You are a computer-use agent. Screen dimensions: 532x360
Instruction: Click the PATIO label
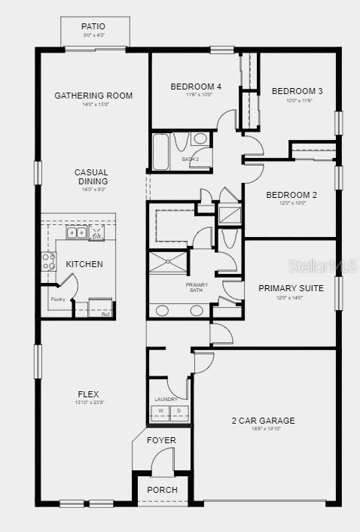pos(93,27)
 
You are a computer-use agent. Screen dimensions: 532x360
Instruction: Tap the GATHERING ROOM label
pos(93,96)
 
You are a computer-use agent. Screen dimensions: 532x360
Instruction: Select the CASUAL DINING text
pos(91,177)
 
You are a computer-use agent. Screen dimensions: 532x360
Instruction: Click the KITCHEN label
pos(84,264)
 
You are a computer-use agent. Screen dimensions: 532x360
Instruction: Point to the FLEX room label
pos(88,394)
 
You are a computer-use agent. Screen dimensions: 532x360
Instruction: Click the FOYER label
pos(161,440)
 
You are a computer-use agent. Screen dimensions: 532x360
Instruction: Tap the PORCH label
pos(162,490)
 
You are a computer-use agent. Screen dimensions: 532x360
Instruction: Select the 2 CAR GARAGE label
pos(263,421)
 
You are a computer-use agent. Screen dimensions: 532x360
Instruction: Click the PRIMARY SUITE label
pos(291,288)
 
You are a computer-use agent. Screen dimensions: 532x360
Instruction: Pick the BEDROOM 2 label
pos(291,195)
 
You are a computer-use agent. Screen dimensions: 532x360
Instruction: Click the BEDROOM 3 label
pos(297,91)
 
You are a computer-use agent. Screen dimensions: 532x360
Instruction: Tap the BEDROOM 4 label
pos(196,86)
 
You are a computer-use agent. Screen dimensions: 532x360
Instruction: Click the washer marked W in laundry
pos(160,412)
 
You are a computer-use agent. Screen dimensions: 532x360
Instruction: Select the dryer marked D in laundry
pos(179,412)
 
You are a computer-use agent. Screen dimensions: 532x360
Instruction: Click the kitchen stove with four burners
pos(48,261)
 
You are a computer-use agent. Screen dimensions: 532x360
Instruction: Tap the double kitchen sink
pos(77,233)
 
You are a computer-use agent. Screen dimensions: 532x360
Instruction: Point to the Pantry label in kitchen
pos(58,299)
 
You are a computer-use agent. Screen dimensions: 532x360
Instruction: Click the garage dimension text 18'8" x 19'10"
pos(263,430)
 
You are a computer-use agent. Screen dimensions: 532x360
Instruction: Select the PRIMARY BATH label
pos(197,287)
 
